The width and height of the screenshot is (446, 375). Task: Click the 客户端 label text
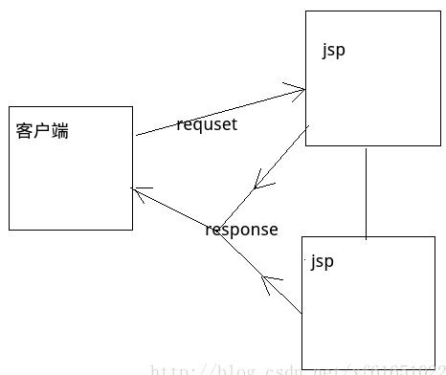42,131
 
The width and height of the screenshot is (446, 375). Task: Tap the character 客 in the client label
25,131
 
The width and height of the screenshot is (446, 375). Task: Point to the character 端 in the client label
59,131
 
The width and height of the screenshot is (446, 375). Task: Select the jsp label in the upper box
333,51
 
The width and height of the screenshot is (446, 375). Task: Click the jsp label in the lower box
323,260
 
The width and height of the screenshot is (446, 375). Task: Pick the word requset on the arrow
206,124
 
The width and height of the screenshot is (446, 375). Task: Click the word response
241,230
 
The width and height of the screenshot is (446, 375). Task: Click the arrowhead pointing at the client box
138,191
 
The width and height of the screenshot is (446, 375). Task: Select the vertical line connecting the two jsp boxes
366,191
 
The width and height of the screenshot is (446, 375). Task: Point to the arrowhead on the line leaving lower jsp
271,283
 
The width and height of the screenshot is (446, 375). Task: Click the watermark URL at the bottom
297,368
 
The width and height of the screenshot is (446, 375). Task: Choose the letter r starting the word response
209,231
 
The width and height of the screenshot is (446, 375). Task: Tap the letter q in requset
197,126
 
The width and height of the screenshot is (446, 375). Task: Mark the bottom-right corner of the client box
132,230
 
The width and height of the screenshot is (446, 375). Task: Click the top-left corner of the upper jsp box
305,11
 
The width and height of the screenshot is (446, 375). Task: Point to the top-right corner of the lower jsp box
435,236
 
